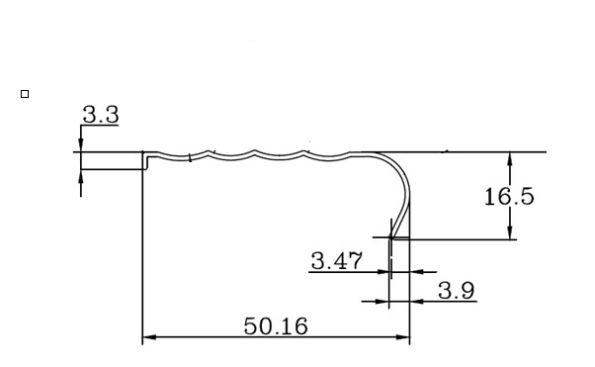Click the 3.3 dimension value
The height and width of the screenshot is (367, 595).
point(101,115)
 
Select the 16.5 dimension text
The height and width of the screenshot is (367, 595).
point(509,197)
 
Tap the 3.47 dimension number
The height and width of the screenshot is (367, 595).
point(337,261)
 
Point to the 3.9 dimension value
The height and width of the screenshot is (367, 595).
point(456,291)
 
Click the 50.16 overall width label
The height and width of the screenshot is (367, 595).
point(276,326)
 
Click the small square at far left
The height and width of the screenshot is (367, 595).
point(25,94)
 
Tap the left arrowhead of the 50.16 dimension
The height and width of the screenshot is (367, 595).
point(149,337)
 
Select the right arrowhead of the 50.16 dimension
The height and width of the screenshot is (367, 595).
point(403,337)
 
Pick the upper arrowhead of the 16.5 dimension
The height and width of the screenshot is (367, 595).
point(510,159)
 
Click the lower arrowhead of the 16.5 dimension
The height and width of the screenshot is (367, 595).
point(510,232)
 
